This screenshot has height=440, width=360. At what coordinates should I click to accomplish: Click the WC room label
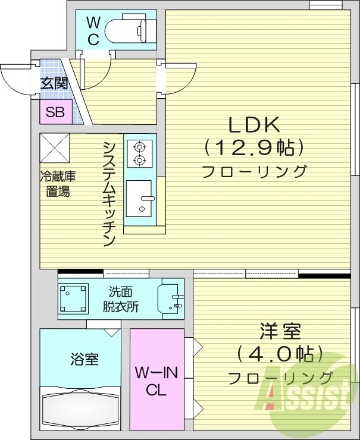(x=93, y=30)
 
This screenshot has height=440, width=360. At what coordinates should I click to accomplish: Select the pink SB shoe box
(x=55, y=112)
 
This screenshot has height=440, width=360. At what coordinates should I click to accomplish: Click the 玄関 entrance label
(x=54, y=83)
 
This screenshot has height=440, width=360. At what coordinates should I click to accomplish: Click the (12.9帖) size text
(x=254, y=146)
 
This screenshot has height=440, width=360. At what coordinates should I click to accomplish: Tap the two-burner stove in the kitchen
(x=140, y=152)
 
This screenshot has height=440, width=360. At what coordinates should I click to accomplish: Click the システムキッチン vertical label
(x=108, y=193)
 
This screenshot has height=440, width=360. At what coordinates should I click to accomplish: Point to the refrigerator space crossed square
(x=55, y=148)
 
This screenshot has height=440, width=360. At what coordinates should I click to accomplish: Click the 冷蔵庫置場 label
(x=58, y=184)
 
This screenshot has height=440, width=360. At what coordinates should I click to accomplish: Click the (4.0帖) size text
(x=280, y=354)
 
